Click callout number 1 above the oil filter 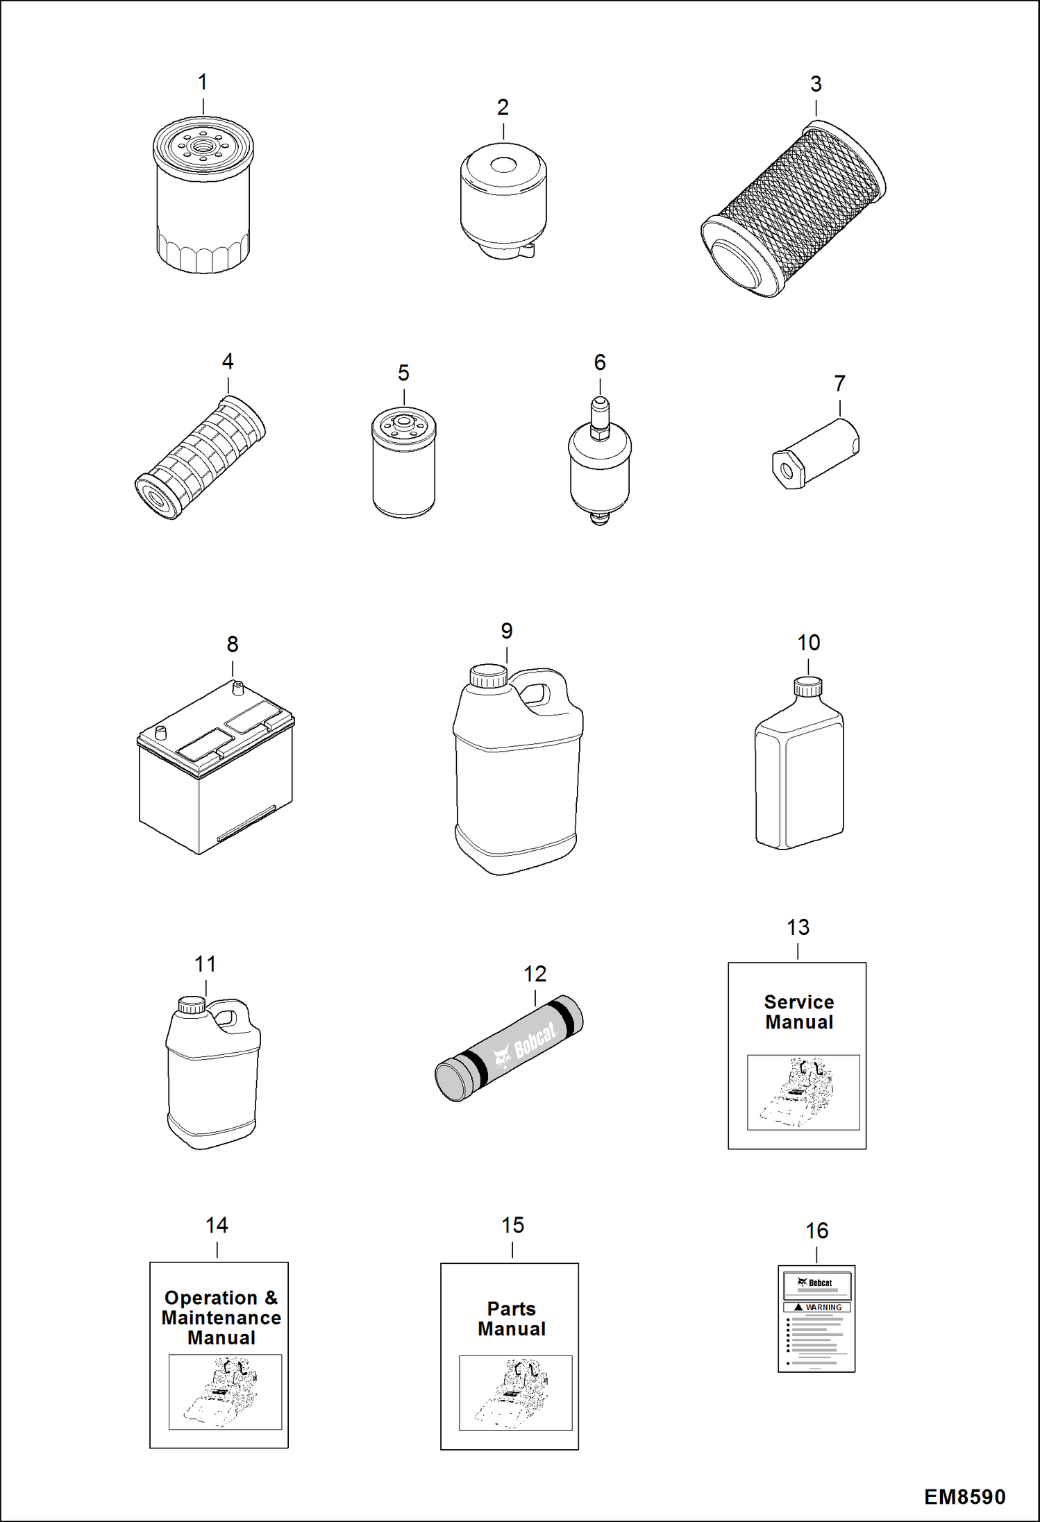pos(202,83)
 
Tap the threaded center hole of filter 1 pos(203,146)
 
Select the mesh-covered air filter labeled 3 pos(793,209)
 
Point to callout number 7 pos(839,384)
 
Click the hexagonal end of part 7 pos(787,472)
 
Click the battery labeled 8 pos(216,767)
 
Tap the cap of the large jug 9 pos(489,676)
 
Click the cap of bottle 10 pos(808,686)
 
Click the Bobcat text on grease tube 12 pos(535,1040)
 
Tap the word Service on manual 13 pos(799,1002)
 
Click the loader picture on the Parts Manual pos(515,1393)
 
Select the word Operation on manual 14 pos(211,1298)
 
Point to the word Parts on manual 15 pos(512,1309)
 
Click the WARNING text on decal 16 pos(823,1308)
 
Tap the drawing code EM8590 pos(964,1497)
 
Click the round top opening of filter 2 pos(503,165)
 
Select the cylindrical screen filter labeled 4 pos(200,457)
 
